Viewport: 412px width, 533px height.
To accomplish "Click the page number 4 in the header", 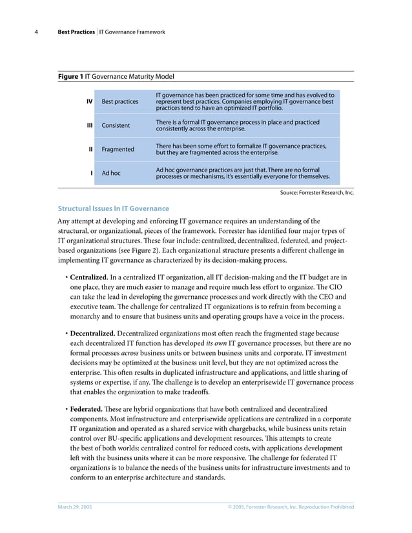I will (43, 32).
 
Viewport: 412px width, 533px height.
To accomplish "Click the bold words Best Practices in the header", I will (76, 32).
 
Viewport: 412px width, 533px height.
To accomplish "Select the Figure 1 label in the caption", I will (70, 77).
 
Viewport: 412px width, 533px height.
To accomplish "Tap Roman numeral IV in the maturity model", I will (89, 102).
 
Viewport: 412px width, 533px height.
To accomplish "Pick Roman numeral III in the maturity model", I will (90, 125).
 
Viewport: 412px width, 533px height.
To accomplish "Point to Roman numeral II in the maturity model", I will (91, 149).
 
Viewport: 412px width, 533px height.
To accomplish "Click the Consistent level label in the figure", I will (116, 125).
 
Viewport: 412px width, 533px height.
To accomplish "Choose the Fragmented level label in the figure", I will (118, 149).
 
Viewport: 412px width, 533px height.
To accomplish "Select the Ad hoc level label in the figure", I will (111, 173).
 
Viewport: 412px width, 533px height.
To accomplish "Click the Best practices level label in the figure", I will (120, 102).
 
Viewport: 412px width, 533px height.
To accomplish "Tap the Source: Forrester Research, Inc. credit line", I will (316, 192).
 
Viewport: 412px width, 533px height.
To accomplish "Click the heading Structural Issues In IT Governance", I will (114, 208).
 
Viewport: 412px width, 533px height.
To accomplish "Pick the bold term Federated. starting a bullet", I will (89, 409).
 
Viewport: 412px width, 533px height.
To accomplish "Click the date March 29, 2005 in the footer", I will (75, 507).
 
